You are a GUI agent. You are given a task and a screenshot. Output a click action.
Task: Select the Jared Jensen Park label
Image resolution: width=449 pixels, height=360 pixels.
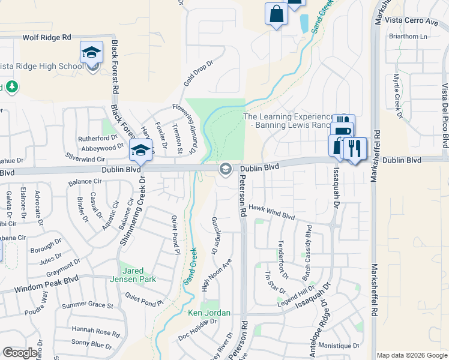(x=133, y=274)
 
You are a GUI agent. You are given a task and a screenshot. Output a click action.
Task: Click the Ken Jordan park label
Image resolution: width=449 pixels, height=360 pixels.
(x=209, y=313)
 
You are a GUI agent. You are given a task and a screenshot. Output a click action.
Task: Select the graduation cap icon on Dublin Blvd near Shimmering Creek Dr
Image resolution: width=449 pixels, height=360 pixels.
(x=140, y=151)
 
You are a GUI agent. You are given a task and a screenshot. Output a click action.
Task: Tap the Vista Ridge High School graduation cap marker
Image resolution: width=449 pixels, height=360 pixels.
(x=92, y=52)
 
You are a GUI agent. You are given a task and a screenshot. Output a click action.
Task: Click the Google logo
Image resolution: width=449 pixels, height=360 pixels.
(x=20, y=353)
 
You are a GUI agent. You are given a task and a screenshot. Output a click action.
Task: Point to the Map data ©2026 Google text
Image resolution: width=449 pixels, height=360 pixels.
(x=412, y=355)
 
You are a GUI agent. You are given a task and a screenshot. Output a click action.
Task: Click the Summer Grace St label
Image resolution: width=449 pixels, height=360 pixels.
(x=88, y=305)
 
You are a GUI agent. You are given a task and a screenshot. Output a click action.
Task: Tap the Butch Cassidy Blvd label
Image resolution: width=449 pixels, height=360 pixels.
(x=309, y=244)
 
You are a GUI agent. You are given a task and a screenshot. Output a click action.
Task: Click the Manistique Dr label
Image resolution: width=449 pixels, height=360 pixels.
(x=339, y=346)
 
